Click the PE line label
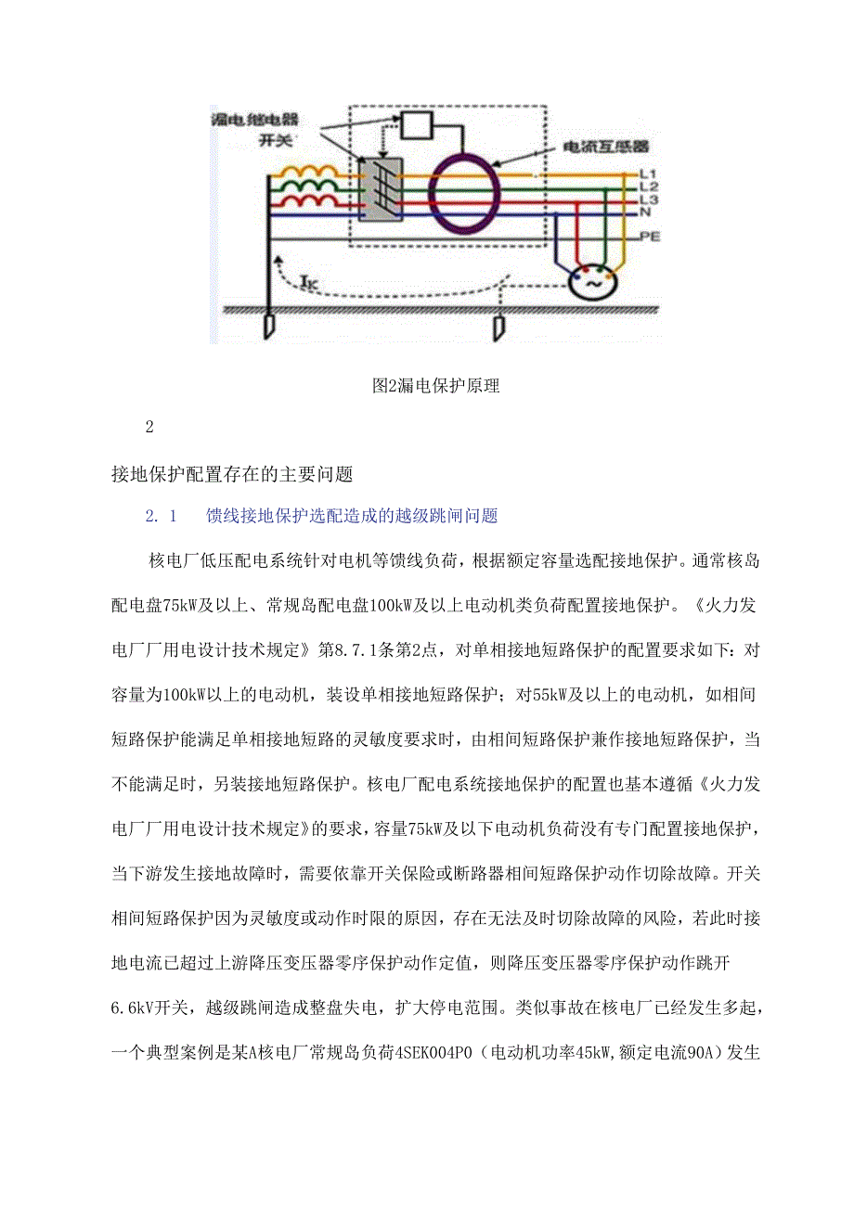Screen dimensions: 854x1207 [x=649, y=238]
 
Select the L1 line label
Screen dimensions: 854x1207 [x=649, y=173]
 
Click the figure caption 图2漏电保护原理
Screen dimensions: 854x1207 [x=435, y=386]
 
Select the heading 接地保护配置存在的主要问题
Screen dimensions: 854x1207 [x=232, y=474]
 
